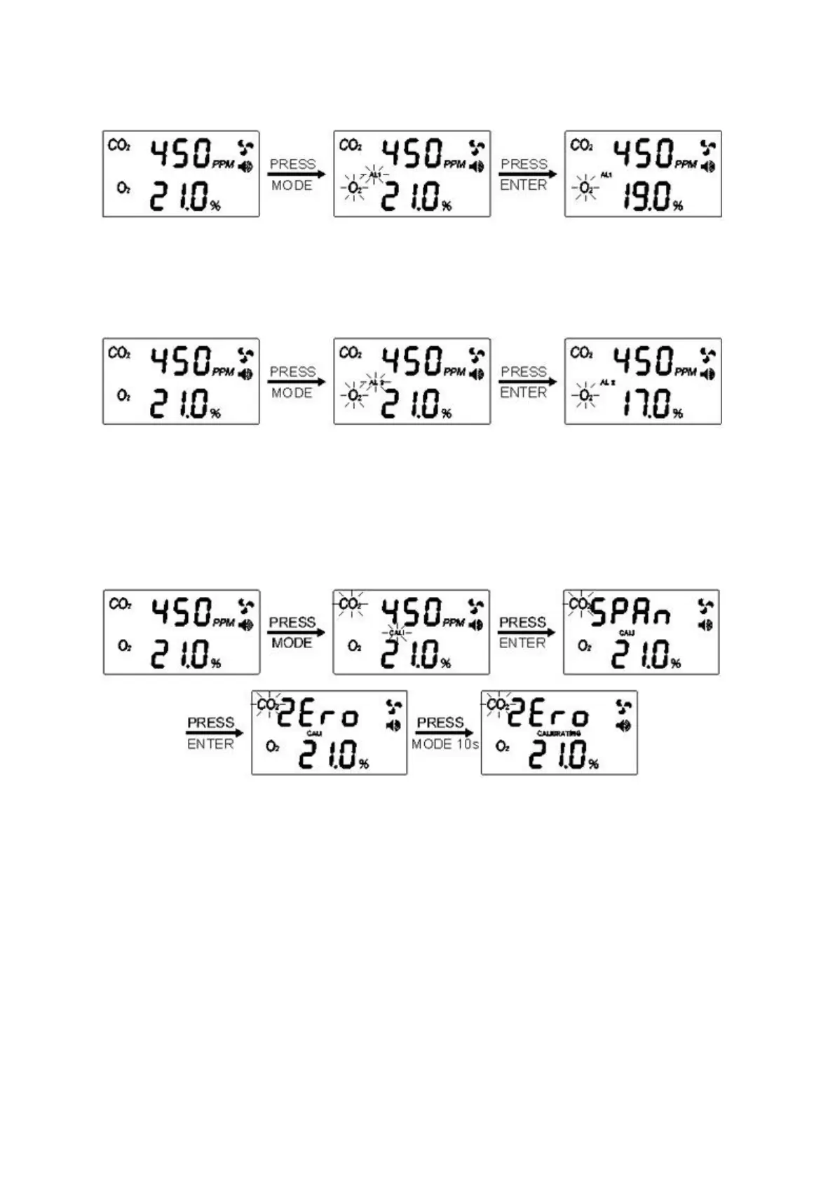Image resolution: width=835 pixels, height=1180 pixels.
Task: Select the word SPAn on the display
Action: coord(631,614)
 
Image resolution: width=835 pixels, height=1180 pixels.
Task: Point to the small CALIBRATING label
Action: coord(559,734)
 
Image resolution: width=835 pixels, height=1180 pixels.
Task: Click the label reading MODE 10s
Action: coord(445,744)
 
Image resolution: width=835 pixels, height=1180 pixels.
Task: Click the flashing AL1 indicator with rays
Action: coord(374,174)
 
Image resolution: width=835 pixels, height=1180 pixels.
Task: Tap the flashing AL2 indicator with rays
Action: coord(376,383)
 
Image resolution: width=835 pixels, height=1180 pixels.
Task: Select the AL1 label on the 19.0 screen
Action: coord(606,174)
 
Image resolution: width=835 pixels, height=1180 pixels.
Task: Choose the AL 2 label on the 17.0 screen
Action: coord(607,383)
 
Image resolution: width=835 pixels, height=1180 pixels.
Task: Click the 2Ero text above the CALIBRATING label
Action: coord(548,715)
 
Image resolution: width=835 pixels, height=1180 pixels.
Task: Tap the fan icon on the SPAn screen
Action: coord(706,606)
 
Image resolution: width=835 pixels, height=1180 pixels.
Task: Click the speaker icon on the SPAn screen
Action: coord(706,624)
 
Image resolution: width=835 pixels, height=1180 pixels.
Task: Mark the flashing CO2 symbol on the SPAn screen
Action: coord(580,604)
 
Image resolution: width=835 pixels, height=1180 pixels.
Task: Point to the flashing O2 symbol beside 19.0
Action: coord(586,188)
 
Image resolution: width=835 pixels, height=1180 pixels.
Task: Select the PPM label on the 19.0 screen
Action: coord(686,164)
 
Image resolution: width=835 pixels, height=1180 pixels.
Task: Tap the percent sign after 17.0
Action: coord(677,414)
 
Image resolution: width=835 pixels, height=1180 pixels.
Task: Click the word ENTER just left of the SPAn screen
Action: coord(522,643)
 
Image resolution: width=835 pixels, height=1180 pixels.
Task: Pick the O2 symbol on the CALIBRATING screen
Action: coord(502,747)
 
